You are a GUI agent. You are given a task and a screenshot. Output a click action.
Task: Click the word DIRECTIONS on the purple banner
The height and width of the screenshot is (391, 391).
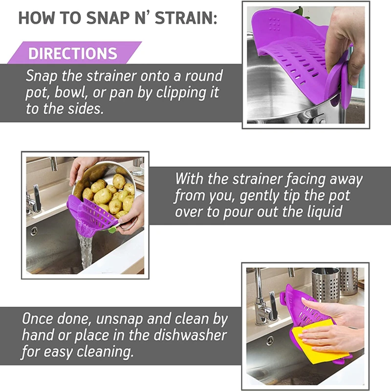coord(72,53)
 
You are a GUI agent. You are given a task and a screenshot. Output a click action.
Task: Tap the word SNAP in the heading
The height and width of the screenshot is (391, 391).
coord(108,18)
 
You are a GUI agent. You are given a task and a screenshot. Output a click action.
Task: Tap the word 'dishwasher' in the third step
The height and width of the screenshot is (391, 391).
coord(190,335)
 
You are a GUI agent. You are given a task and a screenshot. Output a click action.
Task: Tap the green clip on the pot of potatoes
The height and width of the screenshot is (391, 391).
coord(112,229)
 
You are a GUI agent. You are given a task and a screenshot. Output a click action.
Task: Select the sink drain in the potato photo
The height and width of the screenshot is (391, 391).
coord(34,231)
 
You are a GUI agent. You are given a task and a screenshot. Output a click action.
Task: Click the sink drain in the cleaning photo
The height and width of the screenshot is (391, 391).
coord(270,341)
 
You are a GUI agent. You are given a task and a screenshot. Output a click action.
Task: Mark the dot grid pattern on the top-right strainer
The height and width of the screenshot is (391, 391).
coord(274,24)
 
